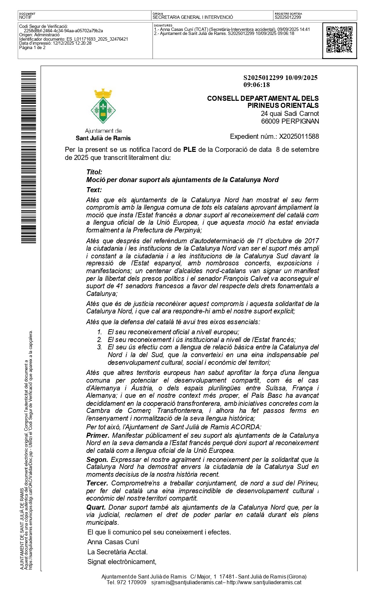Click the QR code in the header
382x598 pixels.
tap(339, 40)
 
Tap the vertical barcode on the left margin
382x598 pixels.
tap(29, 157)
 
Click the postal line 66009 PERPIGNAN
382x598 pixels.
tap(290, 121)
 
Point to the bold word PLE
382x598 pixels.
tap(190, 149)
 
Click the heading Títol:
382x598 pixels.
tap(94, 172)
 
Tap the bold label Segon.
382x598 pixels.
tap(97, 459)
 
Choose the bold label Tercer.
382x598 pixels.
tap(97, 483)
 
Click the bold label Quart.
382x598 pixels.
tap(96, 507)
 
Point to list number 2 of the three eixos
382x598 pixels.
tap(100, 340)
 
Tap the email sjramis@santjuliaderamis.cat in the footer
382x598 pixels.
tap(187, 582)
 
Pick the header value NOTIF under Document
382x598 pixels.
tap(26, 17)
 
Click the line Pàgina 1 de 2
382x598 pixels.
tap(32, 48)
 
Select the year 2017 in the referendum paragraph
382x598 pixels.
tap(312, 241)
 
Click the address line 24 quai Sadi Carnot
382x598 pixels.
tap(290, 114)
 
